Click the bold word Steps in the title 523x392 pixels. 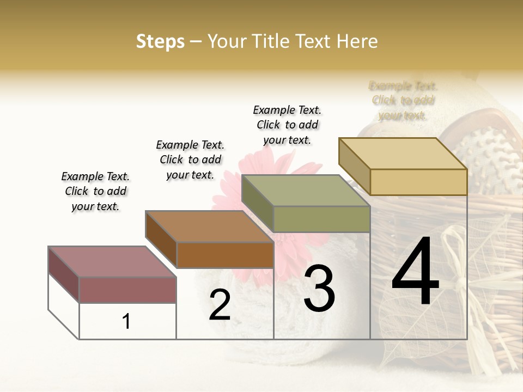tap(160, 41)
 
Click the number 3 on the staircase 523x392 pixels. tap(319, 289)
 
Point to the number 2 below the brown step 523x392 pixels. tap(220, 305)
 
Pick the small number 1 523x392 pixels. tap(126, 322)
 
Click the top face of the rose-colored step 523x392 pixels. tap(112, 261)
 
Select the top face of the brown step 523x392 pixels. tap(209, 226)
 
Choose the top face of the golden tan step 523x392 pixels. tap(403, 153)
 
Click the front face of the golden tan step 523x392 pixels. tap(418, 182)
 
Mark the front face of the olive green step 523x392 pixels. tap(321, 219)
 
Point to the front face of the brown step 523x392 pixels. tap(225, 255)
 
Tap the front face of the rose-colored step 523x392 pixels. tap(127, 290)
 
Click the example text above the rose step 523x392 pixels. tap(95, 191)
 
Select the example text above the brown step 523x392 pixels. tap(190, 160)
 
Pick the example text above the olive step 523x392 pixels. tap(287, 125)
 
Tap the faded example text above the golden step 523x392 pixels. tap(403, 100)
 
